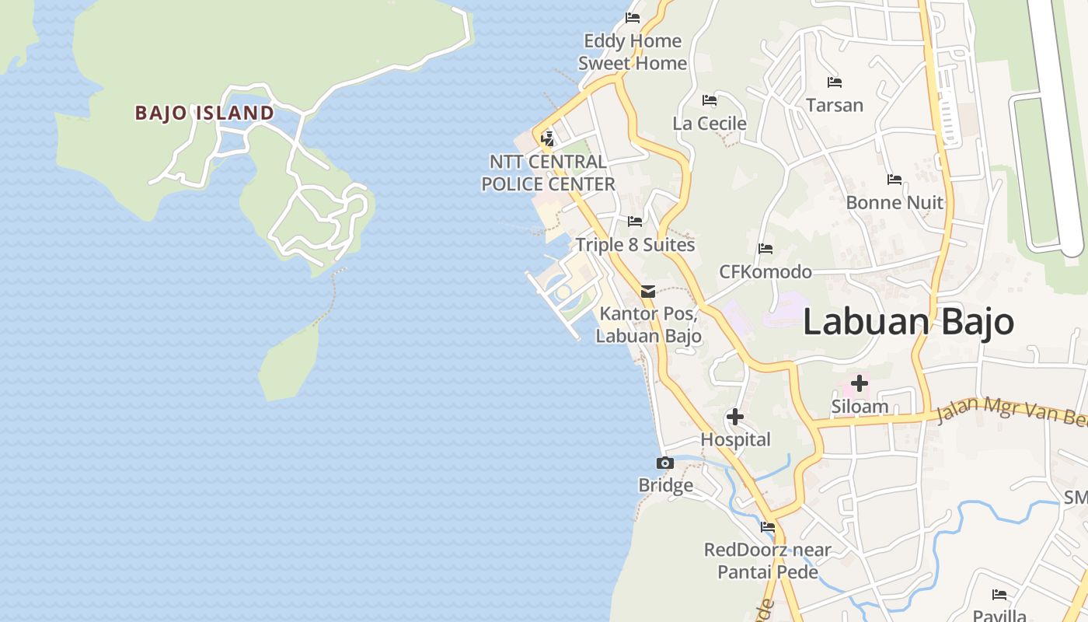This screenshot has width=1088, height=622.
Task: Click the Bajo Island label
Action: click(x=204, y=113)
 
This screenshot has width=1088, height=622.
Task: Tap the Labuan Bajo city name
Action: click(x=908, y=321)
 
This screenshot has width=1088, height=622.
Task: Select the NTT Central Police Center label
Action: click(x=548, y=173)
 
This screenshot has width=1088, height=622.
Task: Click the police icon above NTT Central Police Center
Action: click(x=547, y=139)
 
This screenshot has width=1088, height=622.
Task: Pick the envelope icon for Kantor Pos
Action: click(x=647, y=292)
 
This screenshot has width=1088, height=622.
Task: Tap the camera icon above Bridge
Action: click(x=664, y=463)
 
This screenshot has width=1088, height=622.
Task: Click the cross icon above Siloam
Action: click(x=859, y=383)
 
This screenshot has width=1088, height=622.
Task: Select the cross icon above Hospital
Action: click(x=734, y=418)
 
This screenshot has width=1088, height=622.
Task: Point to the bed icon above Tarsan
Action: click(x=834, y=82)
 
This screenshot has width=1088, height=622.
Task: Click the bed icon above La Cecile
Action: click(x=709, y=100)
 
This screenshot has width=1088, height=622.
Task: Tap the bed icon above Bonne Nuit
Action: click(x=894, y=180)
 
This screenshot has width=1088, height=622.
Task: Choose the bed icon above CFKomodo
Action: click(x=765, y=249)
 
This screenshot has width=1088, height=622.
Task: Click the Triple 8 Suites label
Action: click(x=635, y=245)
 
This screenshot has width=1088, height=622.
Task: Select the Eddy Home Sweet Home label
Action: click(x=633, y=52)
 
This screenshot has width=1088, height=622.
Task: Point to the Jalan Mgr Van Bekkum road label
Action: click(x=1010, y=412)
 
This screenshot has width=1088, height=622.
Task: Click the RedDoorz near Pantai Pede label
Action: click(x=768, y=561)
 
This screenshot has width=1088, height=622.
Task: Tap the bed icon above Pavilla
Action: click(x=999, y=595)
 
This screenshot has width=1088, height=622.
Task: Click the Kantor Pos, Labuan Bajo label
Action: click(x=650, y=325)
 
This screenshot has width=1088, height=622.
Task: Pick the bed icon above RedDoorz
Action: click(x=768, y=527)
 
